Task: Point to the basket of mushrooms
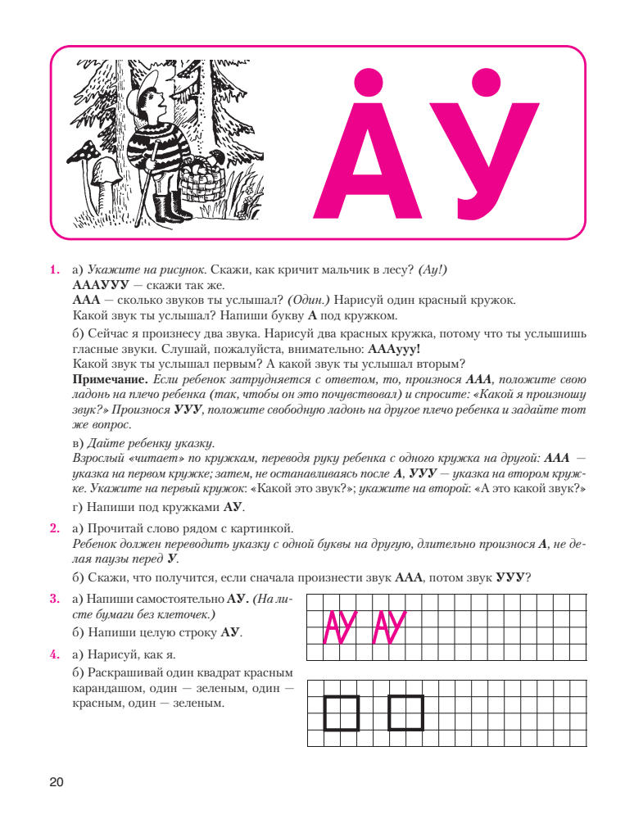coord(202,176)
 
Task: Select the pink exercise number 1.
coord(55,269)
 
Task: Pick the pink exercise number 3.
coord(55,600)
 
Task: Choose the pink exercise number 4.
coord(55,654)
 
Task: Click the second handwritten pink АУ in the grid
coord(390,628)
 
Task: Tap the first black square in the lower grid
coord(342,713)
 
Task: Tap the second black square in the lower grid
coord(405,713)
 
